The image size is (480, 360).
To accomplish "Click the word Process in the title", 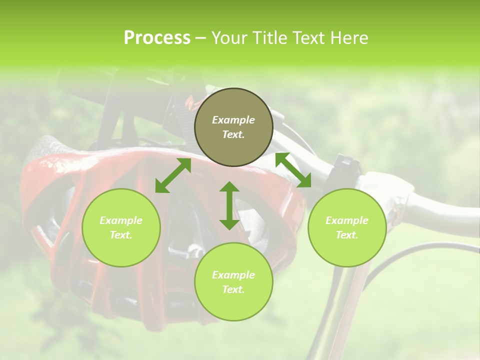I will tap(157, 38).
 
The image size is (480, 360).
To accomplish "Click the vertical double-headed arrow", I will tap(229, 205).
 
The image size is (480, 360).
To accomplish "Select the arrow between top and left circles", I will tap(173, 175).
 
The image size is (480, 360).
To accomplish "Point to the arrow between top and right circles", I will tap(293, 170).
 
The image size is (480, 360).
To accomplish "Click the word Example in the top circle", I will tap(233, 120).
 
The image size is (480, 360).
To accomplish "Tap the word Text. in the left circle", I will tap(121, 235).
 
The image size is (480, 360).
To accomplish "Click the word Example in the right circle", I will tap(347, 220).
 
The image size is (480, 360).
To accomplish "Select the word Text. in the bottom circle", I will tap(233, 289).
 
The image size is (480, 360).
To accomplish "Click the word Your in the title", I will tap(230, 38).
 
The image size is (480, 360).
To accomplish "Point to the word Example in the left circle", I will tap(121, 220).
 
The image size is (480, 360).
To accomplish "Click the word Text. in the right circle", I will tap(347, 235).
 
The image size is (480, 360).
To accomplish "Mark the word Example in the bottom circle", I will tap(233, 275).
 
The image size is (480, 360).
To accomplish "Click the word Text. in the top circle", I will tap(233, 134).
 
